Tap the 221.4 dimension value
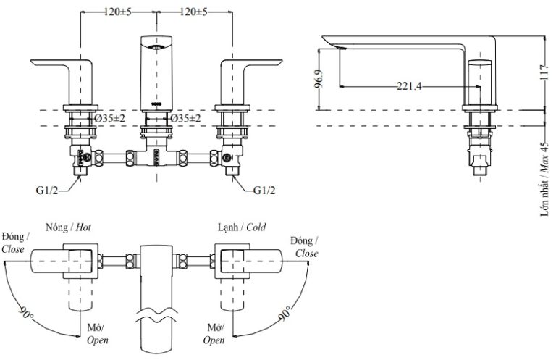click(x=410, y=86)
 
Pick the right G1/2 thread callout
click(x=265, y=190)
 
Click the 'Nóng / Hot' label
click(x=68, y=227)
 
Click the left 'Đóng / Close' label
click(x=14, y=243)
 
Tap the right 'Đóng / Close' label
click(x=304, y=247)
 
